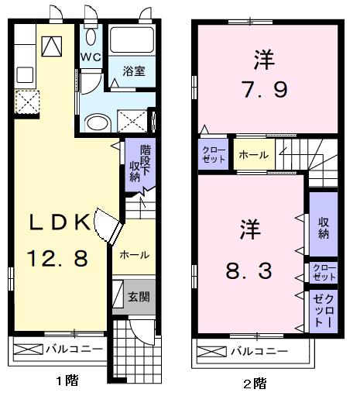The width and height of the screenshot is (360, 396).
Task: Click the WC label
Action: click(91, 57)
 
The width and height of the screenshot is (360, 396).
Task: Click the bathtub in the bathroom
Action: click(132, 40)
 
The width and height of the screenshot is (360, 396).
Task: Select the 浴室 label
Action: click(134, 71)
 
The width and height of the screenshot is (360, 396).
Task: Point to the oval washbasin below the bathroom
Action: click(97, 122)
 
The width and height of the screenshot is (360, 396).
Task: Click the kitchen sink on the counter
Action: click(25, 74)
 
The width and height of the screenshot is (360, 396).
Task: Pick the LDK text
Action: click(60, 222)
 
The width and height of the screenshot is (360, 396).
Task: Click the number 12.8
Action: click(57, 258)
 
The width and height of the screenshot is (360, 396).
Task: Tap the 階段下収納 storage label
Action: click(140, 163)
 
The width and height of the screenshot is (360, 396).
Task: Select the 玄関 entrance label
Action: click(139, 297)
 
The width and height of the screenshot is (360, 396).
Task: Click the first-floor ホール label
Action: click(134, 255)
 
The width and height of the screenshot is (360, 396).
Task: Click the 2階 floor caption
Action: click(255, 384)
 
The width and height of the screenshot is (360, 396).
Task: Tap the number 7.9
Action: click(264, 90)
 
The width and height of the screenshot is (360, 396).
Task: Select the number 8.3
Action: click(249, 270)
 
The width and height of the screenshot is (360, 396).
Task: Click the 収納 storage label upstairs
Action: click(324, 228)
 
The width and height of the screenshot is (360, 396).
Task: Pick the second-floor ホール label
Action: click(254, 155)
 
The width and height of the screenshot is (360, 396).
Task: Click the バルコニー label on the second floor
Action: click(259, 351)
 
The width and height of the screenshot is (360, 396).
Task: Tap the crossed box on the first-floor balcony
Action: click(28, 349)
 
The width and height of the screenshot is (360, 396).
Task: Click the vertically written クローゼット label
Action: click(324, 311)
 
